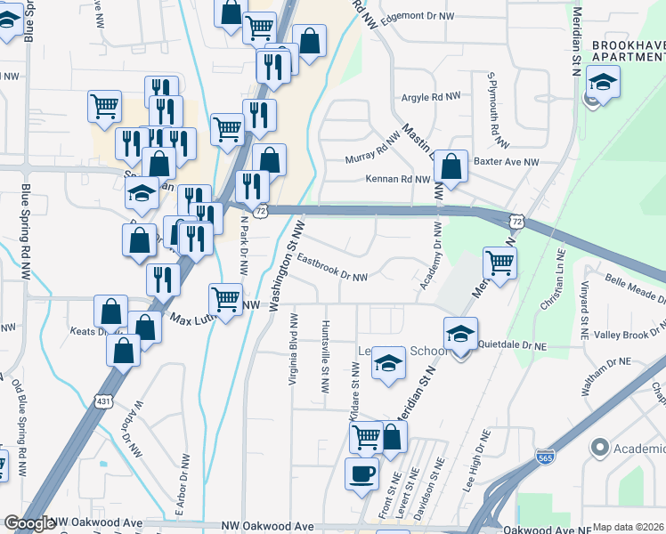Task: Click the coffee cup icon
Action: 361,473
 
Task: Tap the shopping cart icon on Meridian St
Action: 499,263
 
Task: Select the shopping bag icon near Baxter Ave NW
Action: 451,166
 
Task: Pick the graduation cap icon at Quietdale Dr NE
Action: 460,334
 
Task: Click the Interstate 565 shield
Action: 546,457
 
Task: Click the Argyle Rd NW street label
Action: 431,96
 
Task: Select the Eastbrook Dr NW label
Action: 333,269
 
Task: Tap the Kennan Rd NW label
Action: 398,179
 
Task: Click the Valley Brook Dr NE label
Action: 628,335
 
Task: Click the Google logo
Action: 29,524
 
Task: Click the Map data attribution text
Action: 628,527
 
